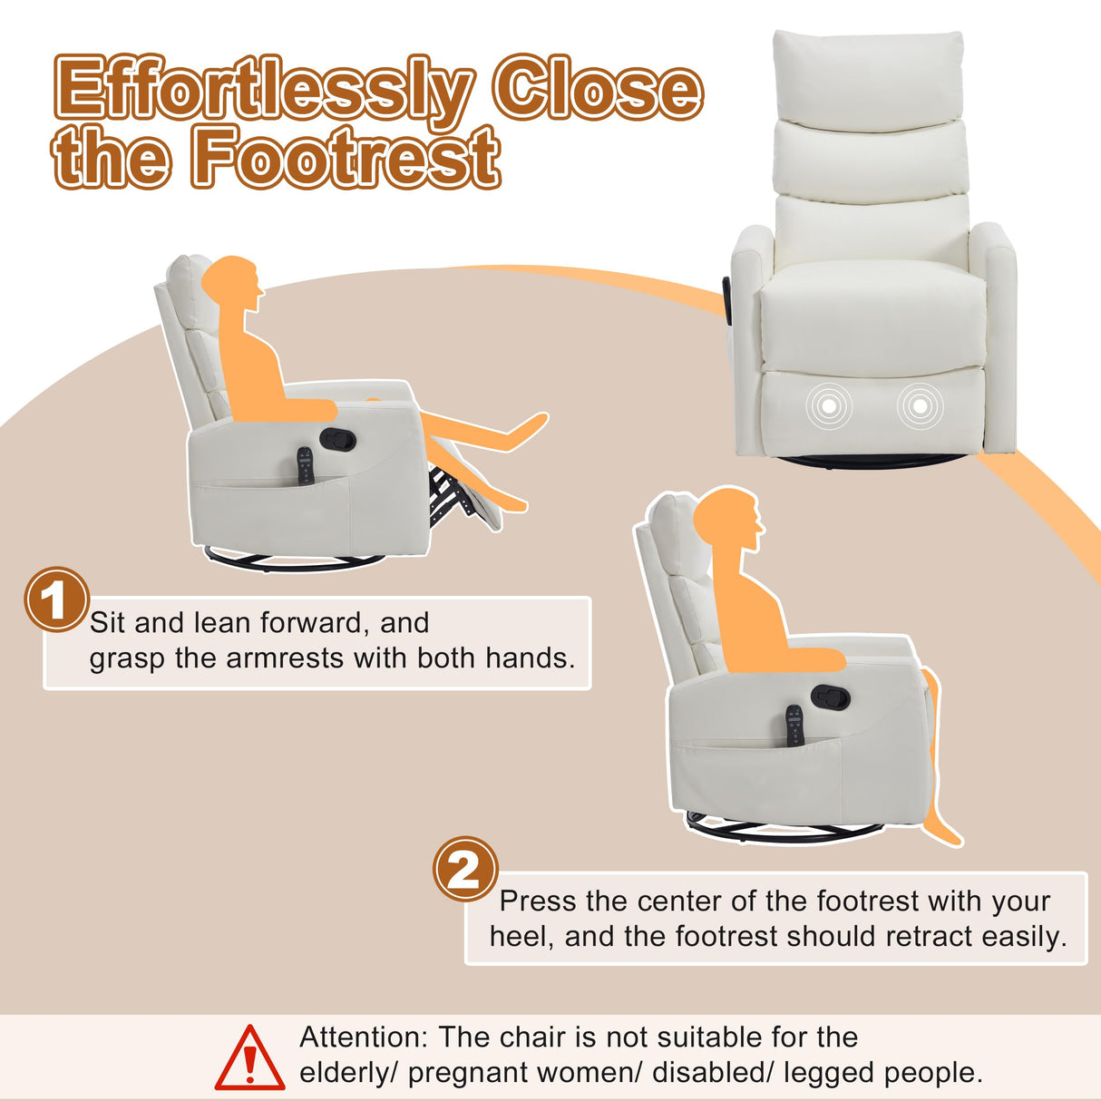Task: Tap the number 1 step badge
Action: [x=55, y=599]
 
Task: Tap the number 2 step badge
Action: [x=465, y=869]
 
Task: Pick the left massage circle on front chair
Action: [x=830, y=407]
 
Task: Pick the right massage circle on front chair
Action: [x=920, y=407]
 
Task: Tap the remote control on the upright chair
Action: [x=794, y=726]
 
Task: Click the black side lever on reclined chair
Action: [x=338, y=439]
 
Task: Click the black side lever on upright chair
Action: [x=830, y=697]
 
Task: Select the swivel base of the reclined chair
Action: [x=295, y=560]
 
